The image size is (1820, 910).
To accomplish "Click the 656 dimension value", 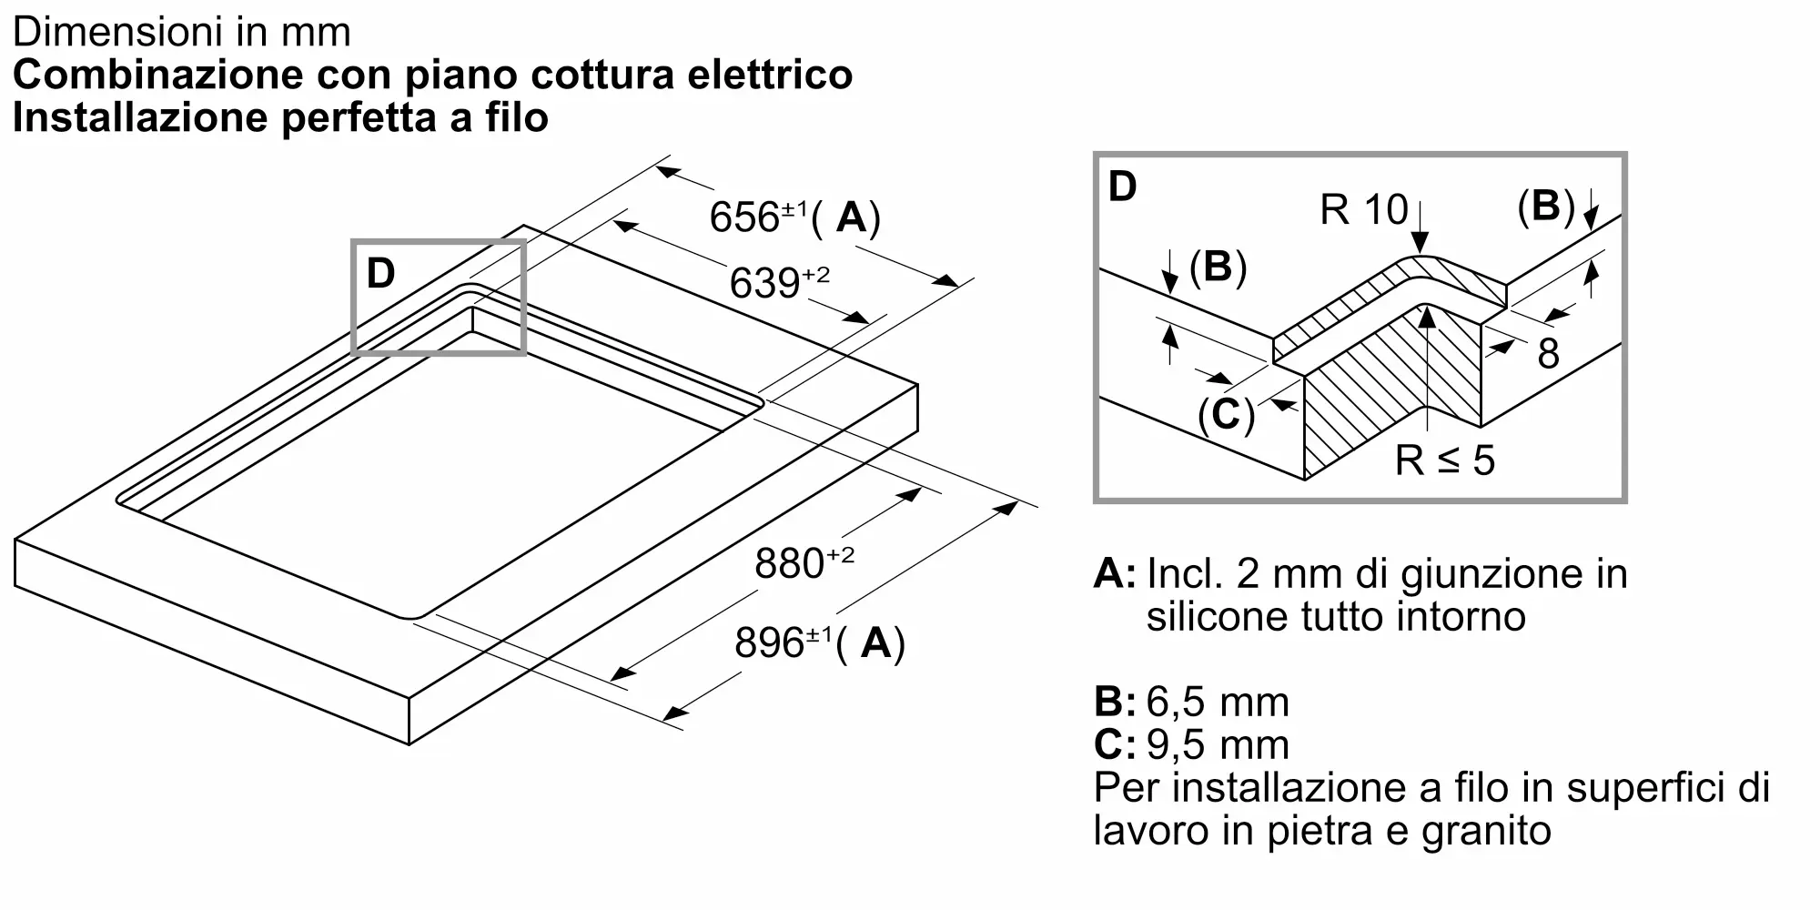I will coord(744,217).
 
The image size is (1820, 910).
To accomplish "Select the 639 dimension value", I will coord(764,283).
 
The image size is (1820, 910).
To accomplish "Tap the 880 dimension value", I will coord(789,563).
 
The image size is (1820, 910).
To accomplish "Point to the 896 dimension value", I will coord(769,642).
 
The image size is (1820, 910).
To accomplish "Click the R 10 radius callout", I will coord(1363,210).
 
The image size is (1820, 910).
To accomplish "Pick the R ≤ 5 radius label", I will coord(1444,460).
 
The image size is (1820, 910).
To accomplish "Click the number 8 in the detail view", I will coord(1548,354).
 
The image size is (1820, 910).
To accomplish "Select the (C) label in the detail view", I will coord(1226,415).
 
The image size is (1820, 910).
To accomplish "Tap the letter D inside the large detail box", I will coord(1123,187).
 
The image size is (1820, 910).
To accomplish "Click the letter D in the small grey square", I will coord(380,273).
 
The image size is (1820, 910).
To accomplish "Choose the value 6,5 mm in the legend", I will coord(1218,702).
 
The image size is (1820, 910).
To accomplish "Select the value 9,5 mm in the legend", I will coord(1218,744).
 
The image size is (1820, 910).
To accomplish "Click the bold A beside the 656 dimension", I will coord(852,217).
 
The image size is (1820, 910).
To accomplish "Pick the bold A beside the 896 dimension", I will coord(876,642).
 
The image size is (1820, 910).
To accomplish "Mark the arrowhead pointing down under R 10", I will coord(1420,244).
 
